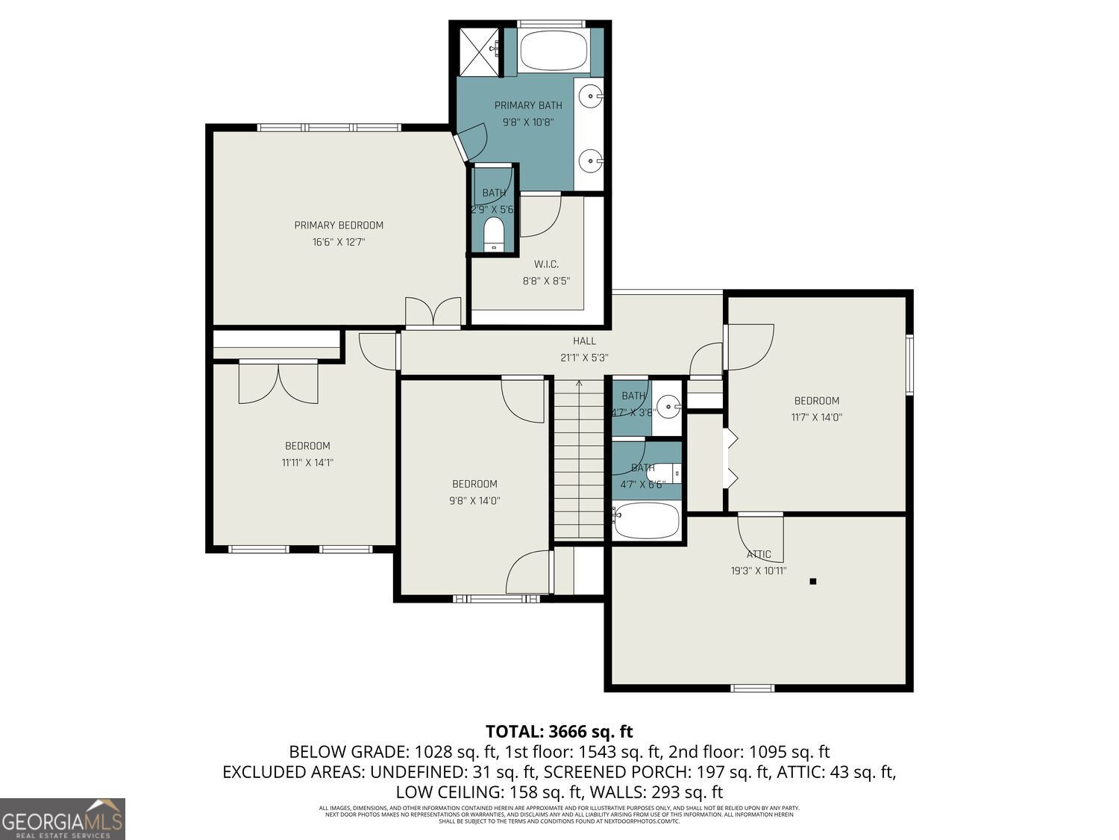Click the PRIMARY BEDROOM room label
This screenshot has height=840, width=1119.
coord(339,225)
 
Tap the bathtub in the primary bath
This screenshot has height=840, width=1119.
coord(553,51)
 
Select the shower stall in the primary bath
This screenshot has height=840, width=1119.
coord(478,52)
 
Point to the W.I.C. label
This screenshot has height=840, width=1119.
coord(546,264)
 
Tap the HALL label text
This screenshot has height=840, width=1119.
coord(584,341)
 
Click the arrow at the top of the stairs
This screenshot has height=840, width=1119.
coord(579,384)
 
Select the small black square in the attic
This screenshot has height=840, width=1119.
coord(813,581)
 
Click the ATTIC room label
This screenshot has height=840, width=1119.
coord(759,555)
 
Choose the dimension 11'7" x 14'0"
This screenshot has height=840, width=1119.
coord(816,417)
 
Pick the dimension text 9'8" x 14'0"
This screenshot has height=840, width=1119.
coord(474,501)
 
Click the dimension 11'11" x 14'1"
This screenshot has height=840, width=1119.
coord(307,462)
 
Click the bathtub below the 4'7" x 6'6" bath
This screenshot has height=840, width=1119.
coord(646,520)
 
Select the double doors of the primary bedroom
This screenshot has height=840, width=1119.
coord(433,312)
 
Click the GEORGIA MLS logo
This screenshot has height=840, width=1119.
coord(63,819)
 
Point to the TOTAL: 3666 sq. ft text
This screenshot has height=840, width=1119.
coord(559,731)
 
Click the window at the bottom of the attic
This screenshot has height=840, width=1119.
coord(753,688)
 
